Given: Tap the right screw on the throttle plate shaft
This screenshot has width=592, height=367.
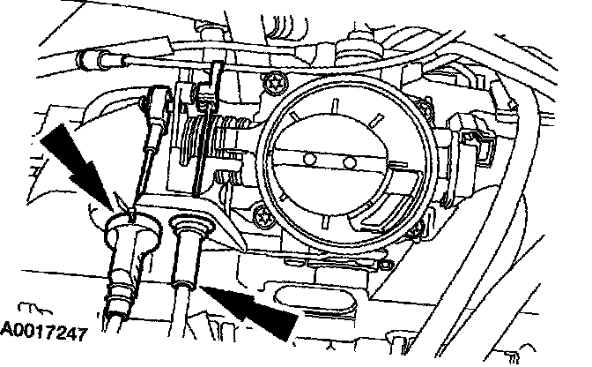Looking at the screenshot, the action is [350, 163].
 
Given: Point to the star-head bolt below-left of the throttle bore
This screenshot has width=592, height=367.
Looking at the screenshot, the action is [262, 213].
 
